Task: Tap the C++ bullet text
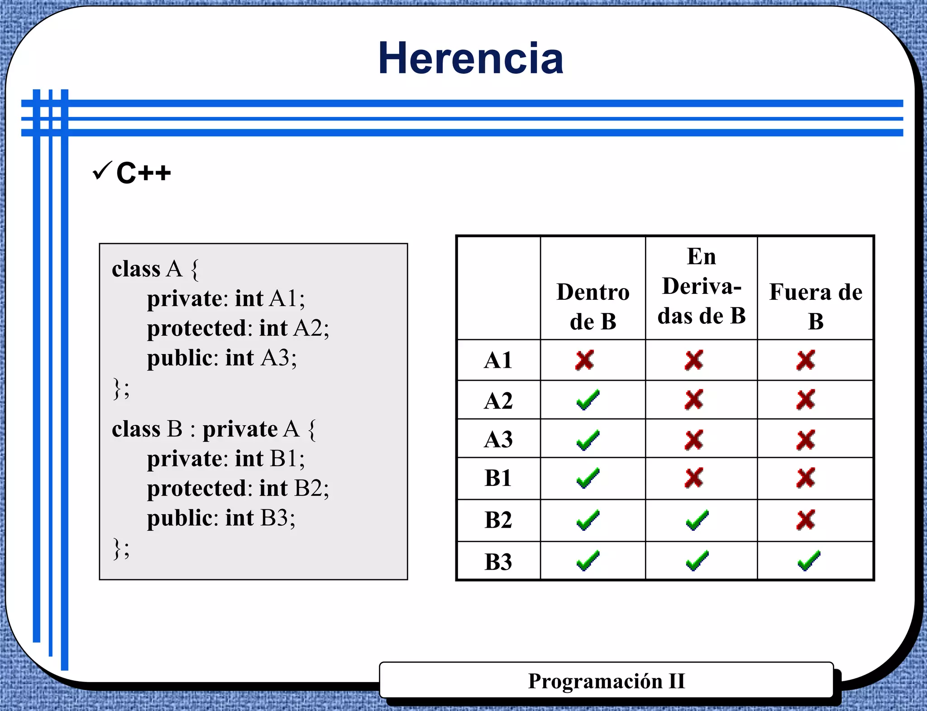(x=143, y=173)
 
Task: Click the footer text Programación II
(x=606, y=681)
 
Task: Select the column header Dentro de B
(x=593, y=307)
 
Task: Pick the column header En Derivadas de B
(x=701, y=286)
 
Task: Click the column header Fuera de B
(x=816, y=307)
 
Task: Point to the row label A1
(x=498, y=360)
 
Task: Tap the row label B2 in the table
(x=498, y=520)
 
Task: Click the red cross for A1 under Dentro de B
(x=584, y=360)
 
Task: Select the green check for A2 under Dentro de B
(x=588, y=400)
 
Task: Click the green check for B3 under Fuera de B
(x=808, y=561)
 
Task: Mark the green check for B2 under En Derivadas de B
(x=697, y=520)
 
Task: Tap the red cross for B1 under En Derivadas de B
(x=694, y=478)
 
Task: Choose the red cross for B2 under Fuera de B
(x=806, y=520)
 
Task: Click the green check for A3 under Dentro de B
(x=588, y=440)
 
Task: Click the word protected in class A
(x=196, y=328)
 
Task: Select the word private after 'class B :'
(x=240, y=429)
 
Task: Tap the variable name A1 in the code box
(x=283, y=299)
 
